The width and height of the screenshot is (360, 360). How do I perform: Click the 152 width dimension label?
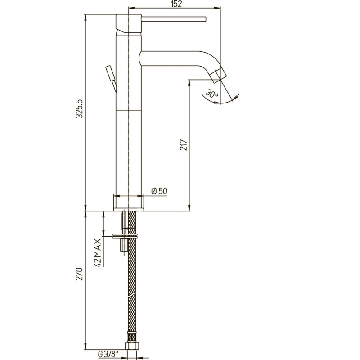click(176, 4)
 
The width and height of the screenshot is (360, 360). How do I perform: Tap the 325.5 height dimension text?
click(80, 108)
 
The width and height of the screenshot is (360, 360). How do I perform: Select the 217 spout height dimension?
click(184, 144)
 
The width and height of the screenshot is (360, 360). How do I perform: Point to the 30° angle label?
click(211, 94)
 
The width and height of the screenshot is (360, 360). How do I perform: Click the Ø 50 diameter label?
click(159, 191)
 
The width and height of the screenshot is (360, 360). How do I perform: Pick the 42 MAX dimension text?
click(98, 253)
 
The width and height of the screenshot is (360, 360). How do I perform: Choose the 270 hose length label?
click(80, 274)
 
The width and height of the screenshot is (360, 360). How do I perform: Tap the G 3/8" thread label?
click(107, 355)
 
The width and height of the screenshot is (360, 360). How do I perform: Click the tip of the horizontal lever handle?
click(206, 19)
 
